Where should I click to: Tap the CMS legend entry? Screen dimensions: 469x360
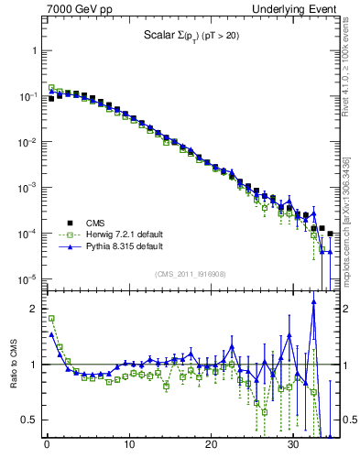[96, 222]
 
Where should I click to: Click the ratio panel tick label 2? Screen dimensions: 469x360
[34, 309]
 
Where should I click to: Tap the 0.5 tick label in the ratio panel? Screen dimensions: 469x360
[30, 420]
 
